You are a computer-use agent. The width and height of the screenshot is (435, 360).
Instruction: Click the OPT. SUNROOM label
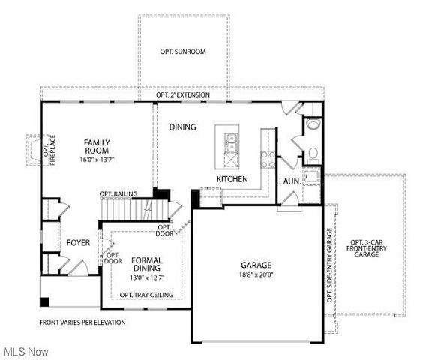point(183,52)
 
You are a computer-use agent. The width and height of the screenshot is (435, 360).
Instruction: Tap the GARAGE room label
point(256,265)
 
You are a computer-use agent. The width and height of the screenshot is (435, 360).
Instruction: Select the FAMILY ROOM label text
point(97,146)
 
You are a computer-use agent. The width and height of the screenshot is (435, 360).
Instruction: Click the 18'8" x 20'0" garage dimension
point(256,275)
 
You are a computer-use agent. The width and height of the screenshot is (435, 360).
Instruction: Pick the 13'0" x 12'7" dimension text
point(147,277)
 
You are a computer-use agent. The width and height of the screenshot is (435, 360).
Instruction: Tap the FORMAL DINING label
point(147,264)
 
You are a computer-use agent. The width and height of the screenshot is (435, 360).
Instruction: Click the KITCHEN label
point(232,180)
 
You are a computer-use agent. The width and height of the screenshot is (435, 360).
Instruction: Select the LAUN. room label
point(290,181)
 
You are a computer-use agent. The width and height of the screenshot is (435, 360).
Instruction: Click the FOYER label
point(79,243)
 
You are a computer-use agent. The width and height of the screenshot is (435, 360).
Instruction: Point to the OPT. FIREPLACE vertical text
point(49,151)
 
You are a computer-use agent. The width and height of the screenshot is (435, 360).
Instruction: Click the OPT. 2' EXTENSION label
point(183,96)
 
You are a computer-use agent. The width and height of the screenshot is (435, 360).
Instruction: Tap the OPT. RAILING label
point(118,194)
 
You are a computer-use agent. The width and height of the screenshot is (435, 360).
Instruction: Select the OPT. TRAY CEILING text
point(147,295)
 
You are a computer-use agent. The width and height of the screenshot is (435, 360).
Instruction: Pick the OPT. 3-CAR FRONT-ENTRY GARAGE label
point(367,248)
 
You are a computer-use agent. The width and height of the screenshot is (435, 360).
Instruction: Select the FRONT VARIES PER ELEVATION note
point(82,322)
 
